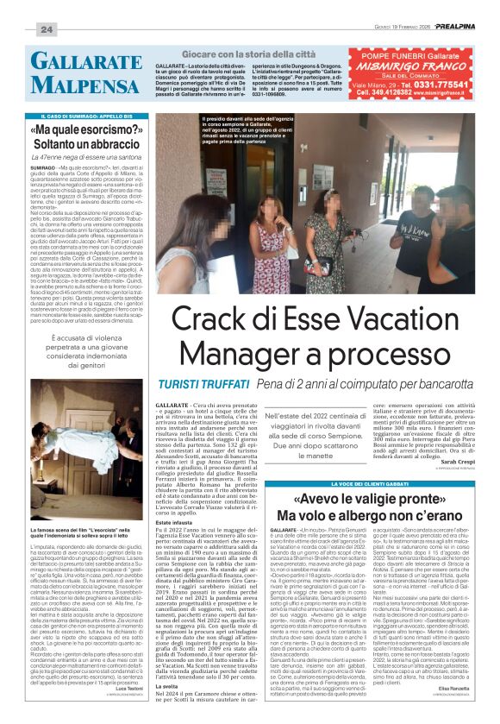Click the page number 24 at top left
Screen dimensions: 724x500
47,29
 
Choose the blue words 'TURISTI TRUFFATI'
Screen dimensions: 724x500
195,382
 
